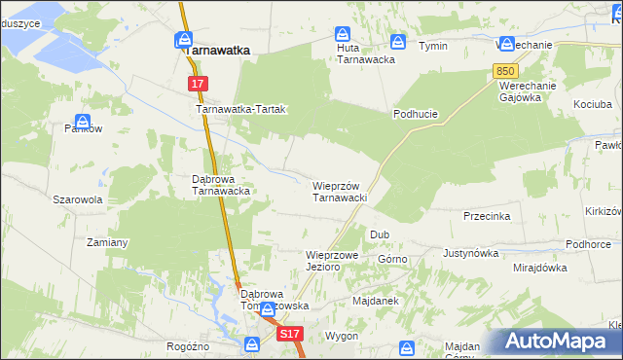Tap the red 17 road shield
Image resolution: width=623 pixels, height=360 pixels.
coord(198,85)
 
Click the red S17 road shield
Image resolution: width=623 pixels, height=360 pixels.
coord(289,334)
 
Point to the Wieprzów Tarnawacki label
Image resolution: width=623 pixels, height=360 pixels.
coord(338,192)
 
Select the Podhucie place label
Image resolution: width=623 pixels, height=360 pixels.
coord(416,114)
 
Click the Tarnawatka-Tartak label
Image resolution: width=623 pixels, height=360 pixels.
coord(241,110)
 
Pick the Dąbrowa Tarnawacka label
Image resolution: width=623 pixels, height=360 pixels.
coord(222,185)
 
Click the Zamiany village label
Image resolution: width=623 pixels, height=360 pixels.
coord(108,241)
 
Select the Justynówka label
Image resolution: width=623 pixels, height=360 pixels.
coord(470,253)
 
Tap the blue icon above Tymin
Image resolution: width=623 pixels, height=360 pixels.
coord(398,42)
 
